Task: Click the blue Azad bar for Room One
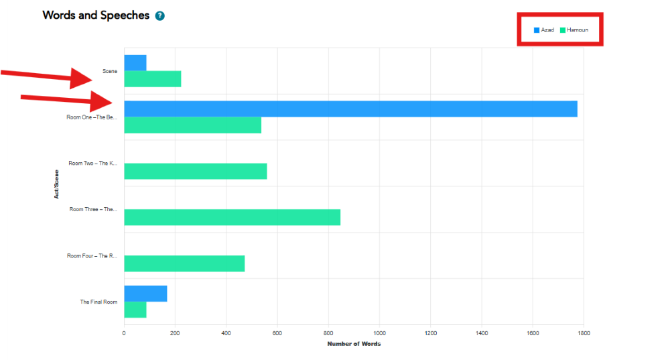[x=350, y=109]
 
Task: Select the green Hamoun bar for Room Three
[x=232, y=217]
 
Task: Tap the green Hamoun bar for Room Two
[x=195, y=171]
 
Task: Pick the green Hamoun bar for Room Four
[x=184, y=263]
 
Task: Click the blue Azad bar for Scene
[x=135, y=63]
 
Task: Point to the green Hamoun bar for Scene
[x=153, y=79]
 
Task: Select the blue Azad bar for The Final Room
[x=145, y=294]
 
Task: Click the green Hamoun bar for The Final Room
[x=135, y=310]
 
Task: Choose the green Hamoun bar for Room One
[x=192, y=125]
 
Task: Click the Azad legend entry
[x=544, y=30]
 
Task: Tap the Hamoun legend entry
[x=574, y=30]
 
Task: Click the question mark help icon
[x=159, y=15]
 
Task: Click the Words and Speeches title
[x=96, y=15]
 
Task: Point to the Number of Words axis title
[x=354, y=344]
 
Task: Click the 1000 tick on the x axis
[x=379, y=333]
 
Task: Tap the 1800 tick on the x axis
[x=584, y=333]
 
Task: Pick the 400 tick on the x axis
[x=226, y=333]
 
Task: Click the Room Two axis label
[x=93, y=163]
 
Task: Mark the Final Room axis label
[x=98, y=302]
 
